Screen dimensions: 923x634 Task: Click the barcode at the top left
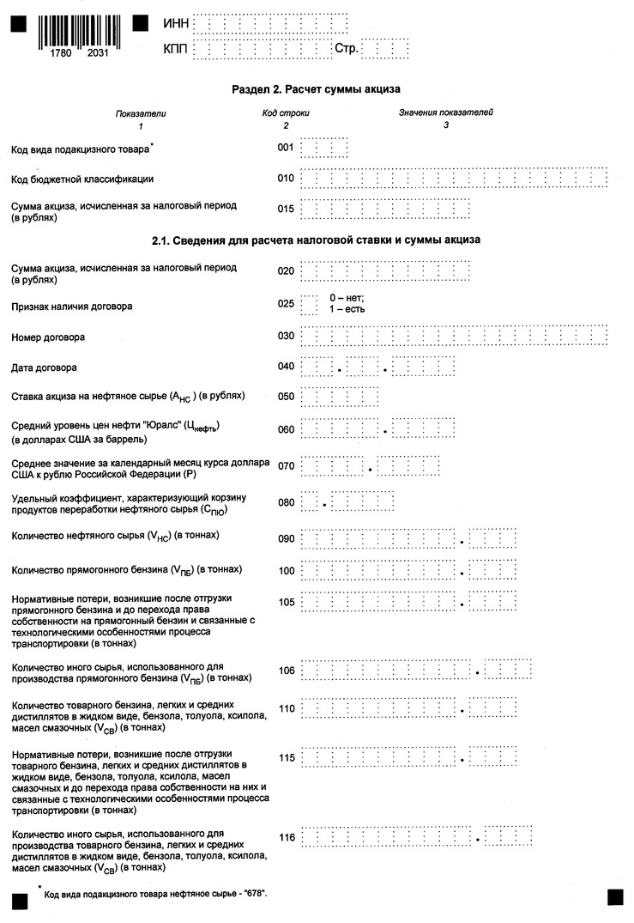tap(77, 32)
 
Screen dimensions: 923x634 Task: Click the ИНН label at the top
tap(175, 24)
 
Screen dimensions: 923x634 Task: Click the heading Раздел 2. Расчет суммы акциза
tap(317, 89)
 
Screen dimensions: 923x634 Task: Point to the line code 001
tap(287, 148)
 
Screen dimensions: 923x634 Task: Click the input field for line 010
tap(455, 179)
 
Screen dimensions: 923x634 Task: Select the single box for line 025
tap(310, 304)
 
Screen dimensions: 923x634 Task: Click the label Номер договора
tap(47, 337)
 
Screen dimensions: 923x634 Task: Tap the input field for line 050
tap(341, 397)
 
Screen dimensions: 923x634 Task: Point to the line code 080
tap(287, 502)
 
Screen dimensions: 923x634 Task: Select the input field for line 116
tap(417, 837)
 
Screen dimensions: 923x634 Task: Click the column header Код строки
tap(286, 112)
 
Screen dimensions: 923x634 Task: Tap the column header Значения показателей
tap(445, 112)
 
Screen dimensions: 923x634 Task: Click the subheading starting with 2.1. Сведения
tap(317, 240)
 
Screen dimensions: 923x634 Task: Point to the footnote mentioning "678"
tap(154, 894)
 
